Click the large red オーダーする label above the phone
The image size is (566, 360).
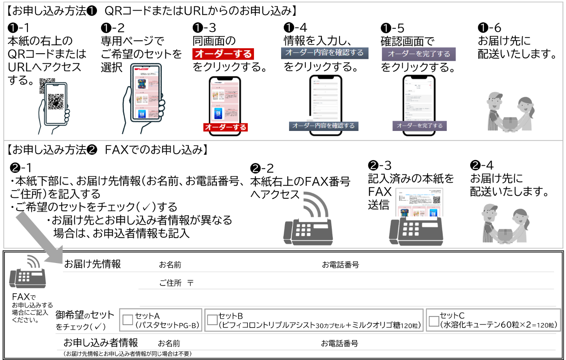(x=223, y=54)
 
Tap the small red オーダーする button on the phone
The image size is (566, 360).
(x=225, y=127)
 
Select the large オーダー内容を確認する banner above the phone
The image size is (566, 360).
(x=324, y=53)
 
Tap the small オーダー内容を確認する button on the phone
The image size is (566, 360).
(x=323, y=126)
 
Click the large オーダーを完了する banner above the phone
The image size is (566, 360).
(x=419, y=54)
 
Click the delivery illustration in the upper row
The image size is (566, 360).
(x=510, y=111)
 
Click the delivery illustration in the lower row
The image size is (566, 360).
(x=505, y=223)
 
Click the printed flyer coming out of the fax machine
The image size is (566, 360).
(x=419, y=202)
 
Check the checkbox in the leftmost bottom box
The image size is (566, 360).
(x=128, y=320)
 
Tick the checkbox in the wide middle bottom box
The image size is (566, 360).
(x=212, y=320)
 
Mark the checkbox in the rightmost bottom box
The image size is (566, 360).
(x=434, y=321)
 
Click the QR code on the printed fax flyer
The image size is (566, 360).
(x=437, y=200)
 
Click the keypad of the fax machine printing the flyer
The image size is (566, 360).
(x=411, y=229)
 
